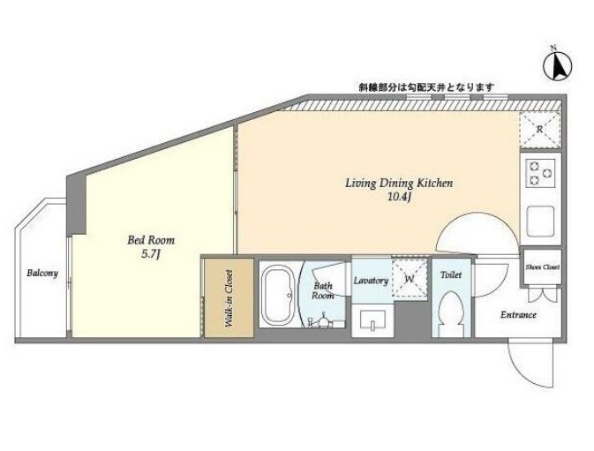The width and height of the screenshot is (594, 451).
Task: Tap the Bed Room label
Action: pyautogui.click(x=151, y=240)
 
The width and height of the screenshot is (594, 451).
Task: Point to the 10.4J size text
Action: pyautogui.click(x=399, y=198)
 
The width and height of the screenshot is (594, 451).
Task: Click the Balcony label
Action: pyautogui.click(x=42, y=273)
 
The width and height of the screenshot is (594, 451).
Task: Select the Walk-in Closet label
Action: pyautogui.click(x=229, y=298)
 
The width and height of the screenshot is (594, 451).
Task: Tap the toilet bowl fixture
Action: pyautogui.click(x=451, y=312)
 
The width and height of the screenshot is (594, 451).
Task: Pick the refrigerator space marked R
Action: pyautogui.click(x=540, y=130)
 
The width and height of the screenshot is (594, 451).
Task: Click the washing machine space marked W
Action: pyautogui.click(x=410, y=278)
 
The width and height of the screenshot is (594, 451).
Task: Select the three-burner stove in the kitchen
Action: pyautogui.click(x=540, y=173)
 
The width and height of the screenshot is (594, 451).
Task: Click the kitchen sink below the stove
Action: pyautogui.click(x=540, y=222)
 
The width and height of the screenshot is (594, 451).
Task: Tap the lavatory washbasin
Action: pyautogui.click(x=372, y=320)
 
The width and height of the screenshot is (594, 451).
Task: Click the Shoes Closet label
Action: pyautogui.click(x=543, y=267)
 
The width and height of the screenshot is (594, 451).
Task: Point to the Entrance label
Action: pyautogui.click(x=518, y=315)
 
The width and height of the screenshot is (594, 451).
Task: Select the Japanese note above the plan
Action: pyautogui.click(x=426, y=87)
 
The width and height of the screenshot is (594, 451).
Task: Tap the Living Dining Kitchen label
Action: pyautogui.click(x=399, y=184)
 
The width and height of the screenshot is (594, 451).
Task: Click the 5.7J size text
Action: pyautogui.click(x=151, y=254)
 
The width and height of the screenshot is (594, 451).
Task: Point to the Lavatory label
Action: pyautogui.click(x=371, y=281)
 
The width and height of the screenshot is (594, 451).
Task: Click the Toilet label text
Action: pyautogui.click(x=451, y=274)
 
